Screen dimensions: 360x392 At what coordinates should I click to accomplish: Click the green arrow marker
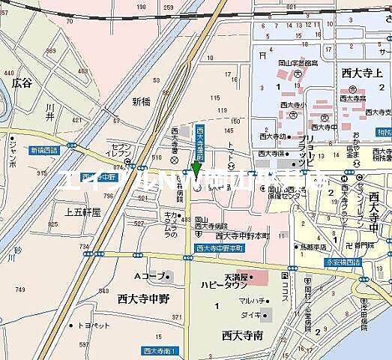[196, 167]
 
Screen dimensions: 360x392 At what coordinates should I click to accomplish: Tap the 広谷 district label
[22, 82]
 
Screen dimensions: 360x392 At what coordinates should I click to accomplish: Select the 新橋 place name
[141, 101]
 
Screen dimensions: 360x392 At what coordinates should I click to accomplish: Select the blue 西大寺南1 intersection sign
[159, 350]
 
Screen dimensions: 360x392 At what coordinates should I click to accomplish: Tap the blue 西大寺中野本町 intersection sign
[220, 248]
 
